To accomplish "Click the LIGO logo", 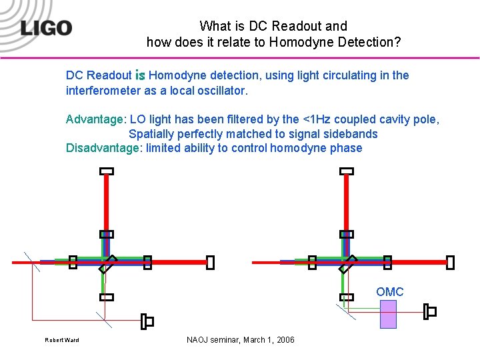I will pos(46,28).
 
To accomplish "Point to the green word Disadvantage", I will pos(103,148).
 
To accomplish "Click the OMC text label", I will pos(389,292).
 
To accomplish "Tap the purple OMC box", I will pos(388,314).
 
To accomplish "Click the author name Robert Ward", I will pos(61,341).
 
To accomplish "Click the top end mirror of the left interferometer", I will pos(107,171).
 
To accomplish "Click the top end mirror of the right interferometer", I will pos(346,171).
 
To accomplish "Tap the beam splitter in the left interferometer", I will pos(107,265).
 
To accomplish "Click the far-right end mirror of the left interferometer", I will pos(210,263).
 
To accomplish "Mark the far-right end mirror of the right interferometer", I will pos(450,263).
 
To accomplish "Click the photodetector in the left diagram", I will pos(147,321).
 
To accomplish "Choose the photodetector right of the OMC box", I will pos(430,311).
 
